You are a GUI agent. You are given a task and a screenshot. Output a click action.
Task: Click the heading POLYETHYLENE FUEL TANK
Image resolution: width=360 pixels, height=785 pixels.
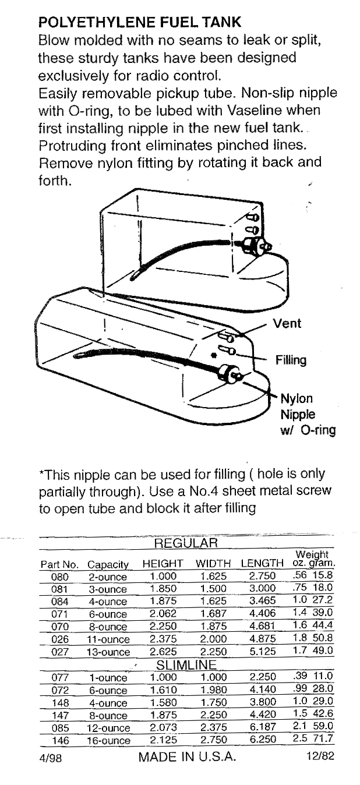click(139, 23)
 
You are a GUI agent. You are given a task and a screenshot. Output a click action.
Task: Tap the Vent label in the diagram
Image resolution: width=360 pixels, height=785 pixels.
click(287, 324)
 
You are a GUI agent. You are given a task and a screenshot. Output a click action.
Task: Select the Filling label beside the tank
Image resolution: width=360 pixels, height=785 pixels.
click(291, 360)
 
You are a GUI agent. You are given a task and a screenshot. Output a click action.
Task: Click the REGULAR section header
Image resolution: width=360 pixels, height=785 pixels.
click(185, 544)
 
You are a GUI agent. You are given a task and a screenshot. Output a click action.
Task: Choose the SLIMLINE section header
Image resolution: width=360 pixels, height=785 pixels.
click(186, 664)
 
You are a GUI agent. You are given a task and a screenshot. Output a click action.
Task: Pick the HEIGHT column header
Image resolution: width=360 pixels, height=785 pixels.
click(163, 564)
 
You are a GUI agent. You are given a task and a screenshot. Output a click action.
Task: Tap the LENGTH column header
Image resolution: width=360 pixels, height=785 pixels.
click(262, 564)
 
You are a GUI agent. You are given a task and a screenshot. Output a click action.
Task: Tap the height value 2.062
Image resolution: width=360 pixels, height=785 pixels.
click(163, 614)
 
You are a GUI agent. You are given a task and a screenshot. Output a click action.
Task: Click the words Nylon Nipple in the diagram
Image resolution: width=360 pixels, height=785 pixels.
click(297, 406)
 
